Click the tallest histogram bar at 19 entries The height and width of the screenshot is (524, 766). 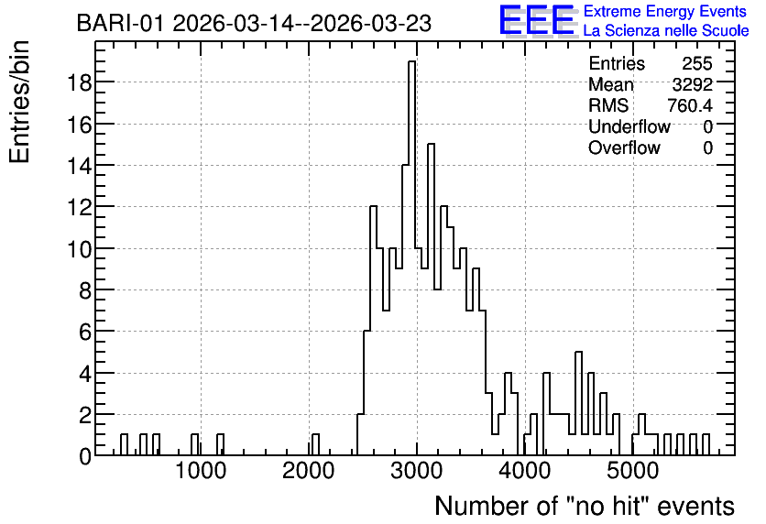[x=411, y=258]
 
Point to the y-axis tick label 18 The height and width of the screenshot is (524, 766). [x=79, y=83]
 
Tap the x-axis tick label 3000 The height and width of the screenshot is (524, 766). [x=417, y=471]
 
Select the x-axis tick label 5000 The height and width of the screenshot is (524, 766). [x=633, y=471]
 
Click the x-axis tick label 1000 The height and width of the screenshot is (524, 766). [x=201, y=471]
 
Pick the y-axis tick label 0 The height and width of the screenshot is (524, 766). [x=85, y=456]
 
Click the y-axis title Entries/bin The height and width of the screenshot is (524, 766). [x=19, y=103]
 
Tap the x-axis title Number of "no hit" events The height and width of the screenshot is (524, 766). [x=585, y=506]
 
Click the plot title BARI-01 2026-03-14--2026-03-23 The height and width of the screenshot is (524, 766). [x=254, y=23]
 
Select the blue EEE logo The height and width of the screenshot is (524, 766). [x=537, y=20]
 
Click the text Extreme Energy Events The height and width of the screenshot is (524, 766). [x=665, y=11]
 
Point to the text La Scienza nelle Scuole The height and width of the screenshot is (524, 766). [x=666, y=31]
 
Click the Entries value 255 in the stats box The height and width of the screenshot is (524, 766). [x=697, y=63]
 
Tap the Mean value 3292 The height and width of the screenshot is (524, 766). [x=692, y=84]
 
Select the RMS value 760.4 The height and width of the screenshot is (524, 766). [x=690, y=105]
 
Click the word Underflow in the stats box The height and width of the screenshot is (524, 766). [x=629, y=126]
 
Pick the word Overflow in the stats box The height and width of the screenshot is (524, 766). [x=624, y=147]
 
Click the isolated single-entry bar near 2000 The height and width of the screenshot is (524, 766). [x=315, y=445]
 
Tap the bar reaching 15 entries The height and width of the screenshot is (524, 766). [x=431, y=300]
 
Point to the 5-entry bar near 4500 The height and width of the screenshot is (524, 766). [x=578, y=404]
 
